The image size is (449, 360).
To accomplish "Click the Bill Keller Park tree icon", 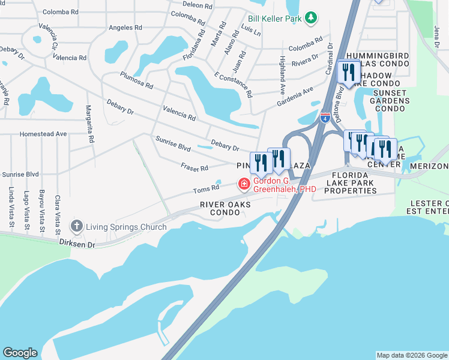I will pyautogui.click(x=311, y=18).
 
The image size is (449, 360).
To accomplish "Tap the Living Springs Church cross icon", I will pyautogui.click(x=76, y=226).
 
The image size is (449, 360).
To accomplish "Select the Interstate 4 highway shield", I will pyautogui.click(x=325, y=118).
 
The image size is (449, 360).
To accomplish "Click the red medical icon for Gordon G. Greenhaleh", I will pyautogui.click(x=244, y=184).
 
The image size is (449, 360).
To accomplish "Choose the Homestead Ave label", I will pyautogui.click(x=43, y=134).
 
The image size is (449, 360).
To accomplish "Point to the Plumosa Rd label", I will pyautogui.click(x=136, y=80).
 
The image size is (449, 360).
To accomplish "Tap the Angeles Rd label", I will pyautogui.click(x=125, y=28).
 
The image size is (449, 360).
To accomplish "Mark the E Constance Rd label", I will pyautogui.click(x=233, y=85).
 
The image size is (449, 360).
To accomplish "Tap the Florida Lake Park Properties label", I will pyautogui.click(x=351, y=186).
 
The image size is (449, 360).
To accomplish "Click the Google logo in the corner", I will pyautogui.click(x=20, y=353).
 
